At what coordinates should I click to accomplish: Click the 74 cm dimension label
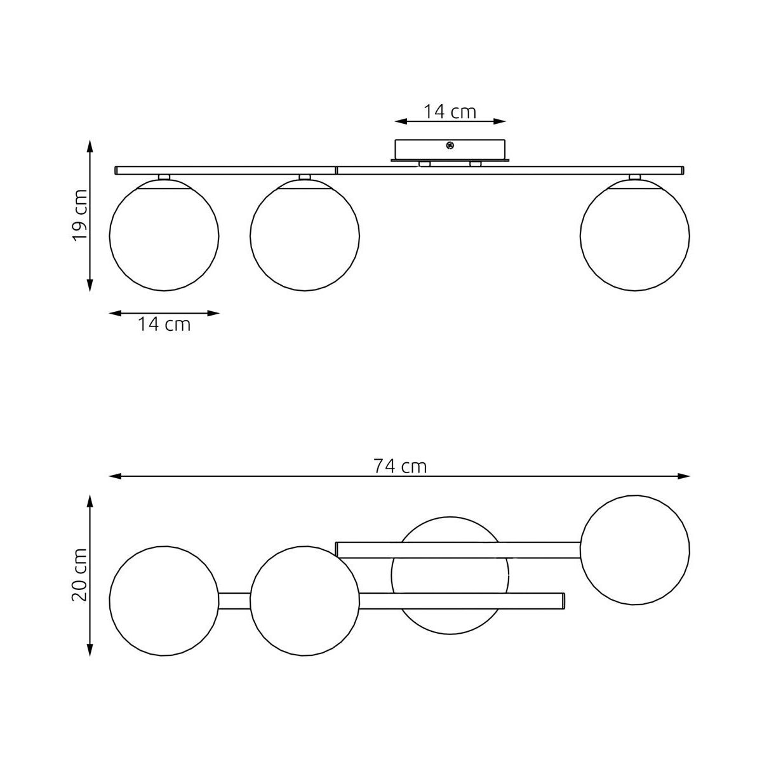(x=400, y=467)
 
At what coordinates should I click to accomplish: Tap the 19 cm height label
(x=80, y=215)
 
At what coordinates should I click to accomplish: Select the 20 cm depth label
(x=80, y=575)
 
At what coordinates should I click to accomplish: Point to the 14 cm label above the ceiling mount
(x=450, y=112)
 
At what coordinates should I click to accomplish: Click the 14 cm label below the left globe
(x=164, y=324)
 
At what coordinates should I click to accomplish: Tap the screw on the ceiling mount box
(x=449, y=145)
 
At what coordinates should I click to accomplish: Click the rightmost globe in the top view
(x=634, y=550)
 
